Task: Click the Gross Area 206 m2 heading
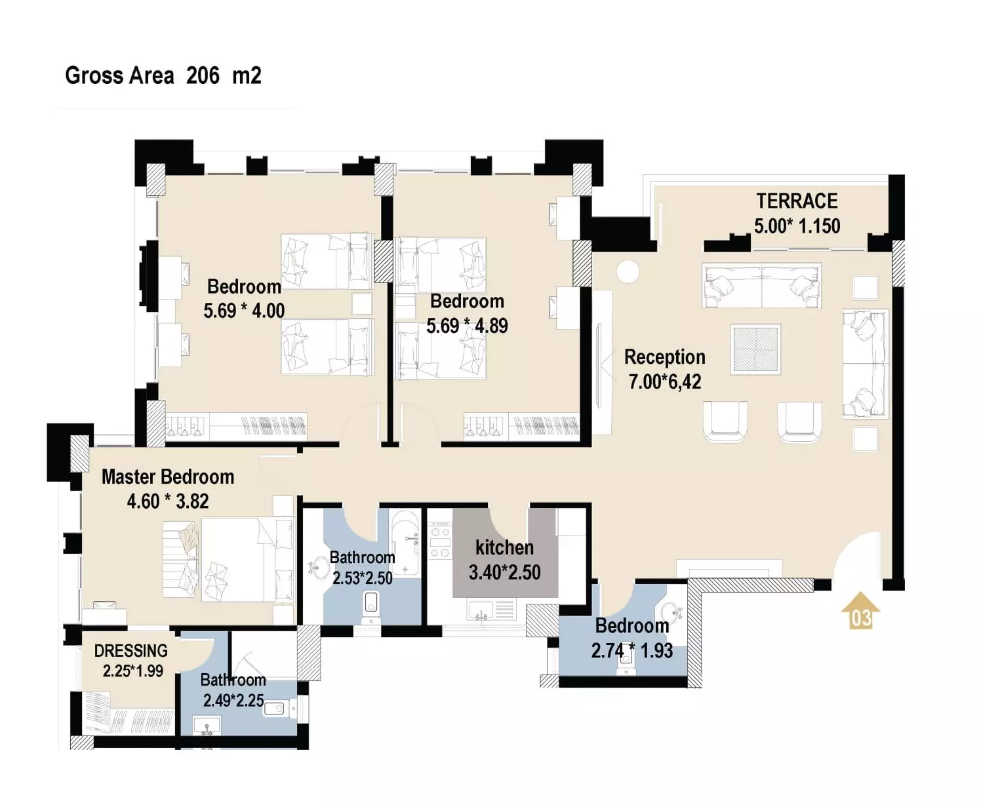[163, 76]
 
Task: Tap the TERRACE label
[797, 201]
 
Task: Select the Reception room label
[665, 357]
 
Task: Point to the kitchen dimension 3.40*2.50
[505, 572]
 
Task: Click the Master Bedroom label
[168, 477]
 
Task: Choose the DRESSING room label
[131, 651]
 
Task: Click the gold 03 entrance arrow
[860, 610]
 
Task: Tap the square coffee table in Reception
[755, 349]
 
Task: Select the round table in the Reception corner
[628, 271]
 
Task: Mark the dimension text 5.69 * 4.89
[467, 326]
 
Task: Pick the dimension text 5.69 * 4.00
[244, 311]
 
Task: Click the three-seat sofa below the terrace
[761, 285]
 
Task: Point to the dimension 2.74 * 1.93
[631, 651]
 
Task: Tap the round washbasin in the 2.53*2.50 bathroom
[319, 568]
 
